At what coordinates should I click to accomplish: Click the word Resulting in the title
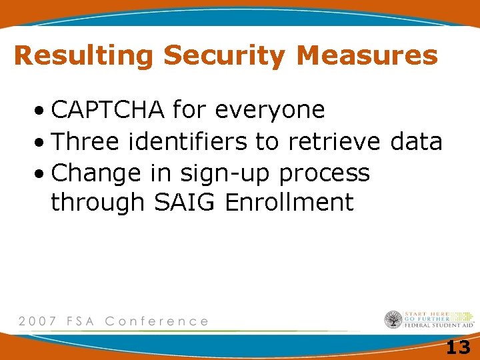click(84, 55)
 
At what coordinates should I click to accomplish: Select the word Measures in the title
click(367, 55)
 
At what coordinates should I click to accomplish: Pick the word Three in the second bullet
click(85, 141)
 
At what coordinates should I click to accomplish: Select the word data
click(417, 141)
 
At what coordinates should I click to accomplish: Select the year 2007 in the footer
click(38, 321)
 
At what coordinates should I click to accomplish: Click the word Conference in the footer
click(157, 321)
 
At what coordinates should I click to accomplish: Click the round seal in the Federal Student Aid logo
click(393, 320)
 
